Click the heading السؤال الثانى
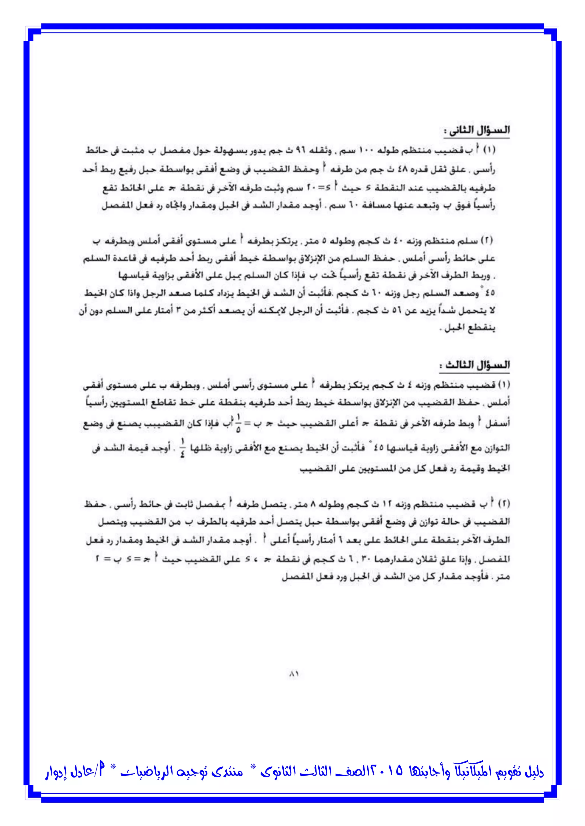(476, 131)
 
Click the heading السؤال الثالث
(474, 365)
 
